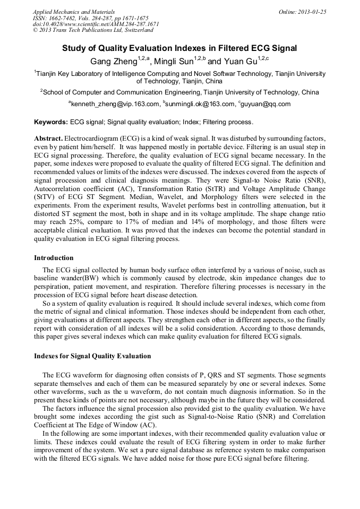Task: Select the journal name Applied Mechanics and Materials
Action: click(x=74, y=12)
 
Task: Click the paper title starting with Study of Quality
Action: click(x=179, y=48)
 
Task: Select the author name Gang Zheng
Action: click(x=113, y=62)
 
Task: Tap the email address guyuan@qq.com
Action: click(x=266, y=104)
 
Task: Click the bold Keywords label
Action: click(x=51, y=122)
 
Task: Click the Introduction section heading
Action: click(x=54, y=258)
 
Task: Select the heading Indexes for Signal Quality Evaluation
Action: click(x=92, y=356)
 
